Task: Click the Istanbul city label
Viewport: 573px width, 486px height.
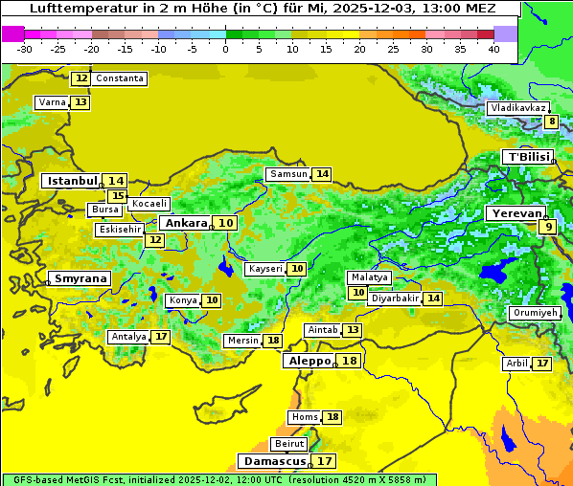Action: point(73,181)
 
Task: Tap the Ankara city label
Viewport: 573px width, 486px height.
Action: point(184,223)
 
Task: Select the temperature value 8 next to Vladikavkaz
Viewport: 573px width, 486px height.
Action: point(551,121)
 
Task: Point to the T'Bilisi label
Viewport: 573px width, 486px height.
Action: point(527,157)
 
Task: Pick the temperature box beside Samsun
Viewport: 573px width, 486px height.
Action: point(322,174)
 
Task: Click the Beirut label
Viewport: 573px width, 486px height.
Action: point(289,444)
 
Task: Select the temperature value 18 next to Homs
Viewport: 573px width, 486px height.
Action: point(332,417)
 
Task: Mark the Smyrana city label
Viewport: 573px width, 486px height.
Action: point(80,278)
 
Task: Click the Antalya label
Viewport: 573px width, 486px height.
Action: point(128,337)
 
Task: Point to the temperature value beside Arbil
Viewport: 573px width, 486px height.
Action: point(542,364)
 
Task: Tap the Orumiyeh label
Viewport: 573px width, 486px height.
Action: point(534,313)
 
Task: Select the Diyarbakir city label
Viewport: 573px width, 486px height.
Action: point(394,298)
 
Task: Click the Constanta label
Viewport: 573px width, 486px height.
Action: point(120,78)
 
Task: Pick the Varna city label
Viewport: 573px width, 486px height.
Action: point(51,102)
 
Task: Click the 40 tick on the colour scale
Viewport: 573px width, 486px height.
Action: point(493,48)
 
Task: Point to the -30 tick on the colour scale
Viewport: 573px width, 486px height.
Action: point(25,48)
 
